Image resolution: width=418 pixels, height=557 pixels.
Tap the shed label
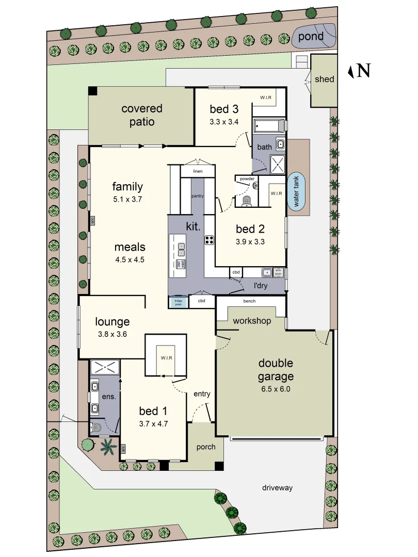pyautogui.click(x=324, y=79)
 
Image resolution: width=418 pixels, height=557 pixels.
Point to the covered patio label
pyautogui.click(x=142, y=115)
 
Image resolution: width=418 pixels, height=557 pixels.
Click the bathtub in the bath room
pyautogui.click(x=268, y=126)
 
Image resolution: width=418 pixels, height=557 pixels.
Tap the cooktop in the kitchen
pyautogui.click(x=210, y=239)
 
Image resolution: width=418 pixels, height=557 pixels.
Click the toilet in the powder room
pyautogui.click(x=247, y=200)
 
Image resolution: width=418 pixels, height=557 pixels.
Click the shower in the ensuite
pyautogui.click(x=105, y=368)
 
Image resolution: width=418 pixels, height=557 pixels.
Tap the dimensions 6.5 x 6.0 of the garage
pyautogui.click(x=276, y=389)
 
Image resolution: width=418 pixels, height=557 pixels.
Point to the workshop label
pyautogui.click(x=252, y=321)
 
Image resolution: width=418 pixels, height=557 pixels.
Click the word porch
pyautogui.click(x=206, y=447)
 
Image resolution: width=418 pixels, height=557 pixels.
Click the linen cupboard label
pyautogui.click(x=197, y=171)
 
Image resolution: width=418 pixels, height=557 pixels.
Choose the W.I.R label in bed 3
pyautogui.click(x=265, y=97)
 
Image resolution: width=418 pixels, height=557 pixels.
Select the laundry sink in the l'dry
pyautogui.click(x=267, y=272)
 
